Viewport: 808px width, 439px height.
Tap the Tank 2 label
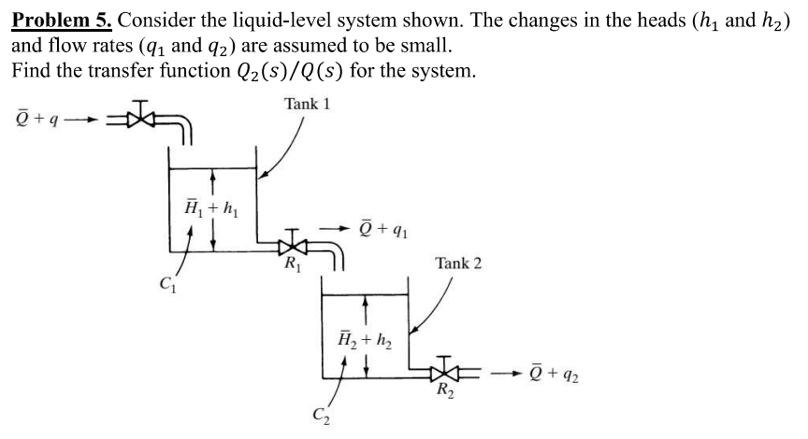pos(458,263)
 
